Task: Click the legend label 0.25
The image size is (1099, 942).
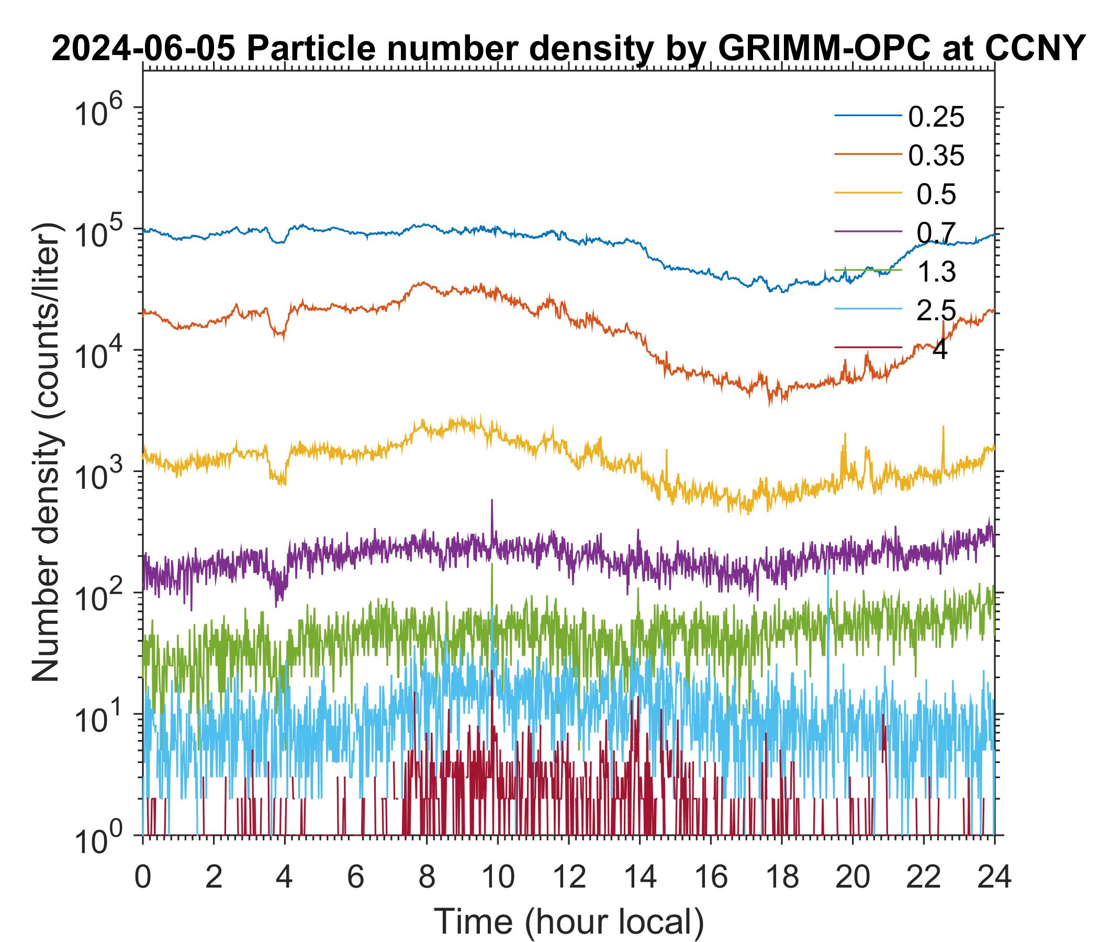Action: [936, 117]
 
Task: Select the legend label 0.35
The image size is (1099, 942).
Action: [936, 156]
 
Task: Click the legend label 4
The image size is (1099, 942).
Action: [939, 350]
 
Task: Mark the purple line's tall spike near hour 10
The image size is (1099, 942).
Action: [492, 501]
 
